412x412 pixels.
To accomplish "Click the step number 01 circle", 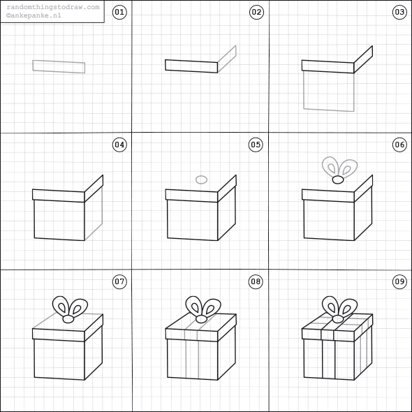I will click(x=119, y=12).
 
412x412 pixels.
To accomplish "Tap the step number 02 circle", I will click(x=256, y=12).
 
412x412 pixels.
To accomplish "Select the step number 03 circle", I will click(x=399, y=12).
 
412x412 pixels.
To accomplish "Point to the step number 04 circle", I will click(x=119, y=145).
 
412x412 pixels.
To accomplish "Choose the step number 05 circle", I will click(x=256, y=145).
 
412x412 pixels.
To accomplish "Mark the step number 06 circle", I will click(x=399, y=145).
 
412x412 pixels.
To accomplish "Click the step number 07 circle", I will click(x=119, y=281).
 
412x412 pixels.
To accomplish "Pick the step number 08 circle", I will click(x=256, y=281).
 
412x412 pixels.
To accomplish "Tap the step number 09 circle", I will click(x=399, y=281).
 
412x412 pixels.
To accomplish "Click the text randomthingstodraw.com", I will click(x=52, y=7).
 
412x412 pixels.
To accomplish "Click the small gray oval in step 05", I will click(x=201, y=179).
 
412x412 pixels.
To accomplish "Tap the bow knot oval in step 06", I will click(x=338, y=179).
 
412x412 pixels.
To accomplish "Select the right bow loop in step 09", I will click(x=347, y=306).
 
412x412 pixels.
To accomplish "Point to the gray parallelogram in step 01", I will click(x=59, y=66).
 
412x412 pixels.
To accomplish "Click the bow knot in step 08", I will click(x=202, y=316).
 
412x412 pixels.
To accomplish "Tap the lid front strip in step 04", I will click(x=59, y=196).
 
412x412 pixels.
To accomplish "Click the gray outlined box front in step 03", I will click(x=329, y=91).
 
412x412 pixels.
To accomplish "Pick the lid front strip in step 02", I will click(x=191, y=66).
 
